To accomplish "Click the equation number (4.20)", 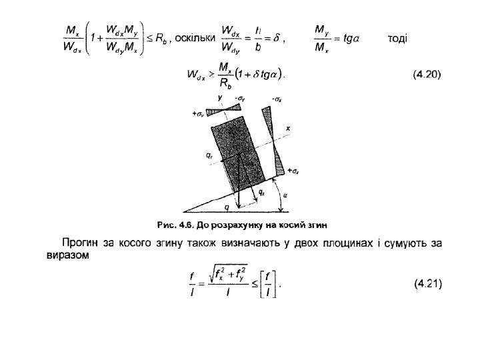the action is click(x=427, y=74).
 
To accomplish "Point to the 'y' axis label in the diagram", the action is click(x=220, y=97).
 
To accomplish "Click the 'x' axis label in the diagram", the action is click(x=288, y=127).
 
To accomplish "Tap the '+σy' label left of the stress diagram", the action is click(x=198, y=114).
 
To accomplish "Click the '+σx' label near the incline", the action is click(x=293, y=172).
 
